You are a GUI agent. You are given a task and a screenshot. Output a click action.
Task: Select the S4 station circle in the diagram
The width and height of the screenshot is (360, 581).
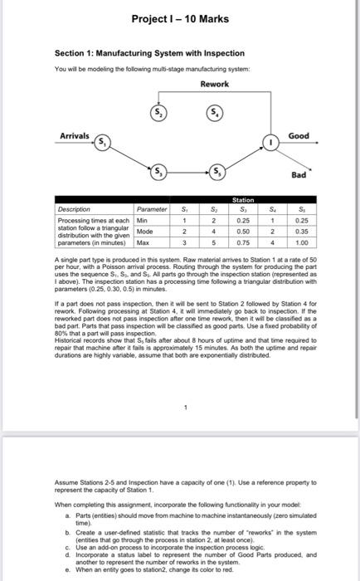tap(213, 112)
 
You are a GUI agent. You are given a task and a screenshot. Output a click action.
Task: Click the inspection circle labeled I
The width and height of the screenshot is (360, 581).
tap(269, 142)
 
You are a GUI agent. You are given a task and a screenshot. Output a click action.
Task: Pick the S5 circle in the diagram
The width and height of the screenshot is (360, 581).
tap(213, 173)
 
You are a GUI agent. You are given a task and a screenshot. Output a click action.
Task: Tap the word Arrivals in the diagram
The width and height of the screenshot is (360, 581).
tap(75, 136)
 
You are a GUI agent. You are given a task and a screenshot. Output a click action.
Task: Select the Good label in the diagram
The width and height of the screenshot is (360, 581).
tap(298, 135)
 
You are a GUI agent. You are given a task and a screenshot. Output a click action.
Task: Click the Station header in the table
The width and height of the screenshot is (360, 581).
tap(243, 200)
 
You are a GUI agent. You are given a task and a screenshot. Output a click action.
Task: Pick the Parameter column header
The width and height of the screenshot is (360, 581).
tap(152, 208)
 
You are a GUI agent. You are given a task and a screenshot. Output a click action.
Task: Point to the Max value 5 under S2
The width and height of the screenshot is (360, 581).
tap(213, 244)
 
